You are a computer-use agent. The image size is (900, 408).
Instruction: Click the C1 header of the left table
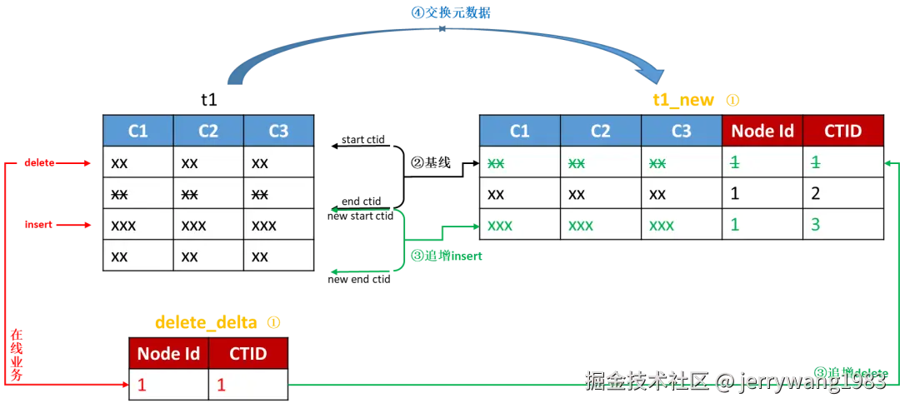[137, 131]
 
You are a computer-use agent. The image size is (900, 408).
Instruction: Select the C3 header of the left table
[278, 131]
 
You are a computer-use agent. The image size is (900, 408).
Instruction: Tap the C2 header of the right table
[600, 131]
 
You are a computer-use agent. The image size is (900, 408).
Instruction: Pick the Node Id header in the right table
[762, 131]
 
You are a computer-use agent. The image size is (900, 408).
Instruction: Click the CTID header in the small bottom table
[247, 353]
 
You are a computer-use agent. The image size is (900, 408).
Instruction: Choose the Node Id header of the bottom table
[168, 353]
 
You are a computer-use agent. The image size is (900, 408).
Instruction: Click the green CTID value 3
[815, 224]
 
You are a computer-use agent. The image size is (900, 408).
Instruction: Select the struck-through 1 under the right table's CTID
[815, 162]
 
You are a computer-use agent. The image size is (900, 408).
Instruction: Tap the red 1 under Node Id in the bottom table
[142, 385]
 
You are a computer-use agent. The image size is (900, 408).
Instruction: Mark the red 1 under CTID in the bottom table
[221, 385]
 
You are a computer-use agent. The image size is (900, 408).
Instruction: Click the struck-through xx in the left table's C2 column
[189, 194]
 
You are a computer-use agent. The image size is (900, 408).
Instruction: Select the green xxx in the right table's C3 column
[662, 224]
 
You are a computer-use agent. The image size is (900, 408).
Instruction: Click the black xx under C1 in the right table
[496, 193]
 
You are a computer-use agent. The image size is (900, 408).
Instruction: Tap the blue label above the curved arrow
[452, 12]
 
